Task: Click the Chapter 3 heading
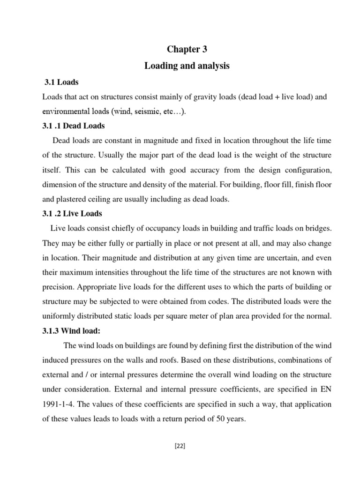click(187, 50)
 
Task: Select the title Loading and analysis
click(187, 66)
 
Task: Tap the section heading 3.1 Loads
click(61, 82)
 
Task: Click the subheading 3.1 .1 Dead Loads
click(74, 126)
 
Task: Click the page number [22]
click(180, 446)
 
